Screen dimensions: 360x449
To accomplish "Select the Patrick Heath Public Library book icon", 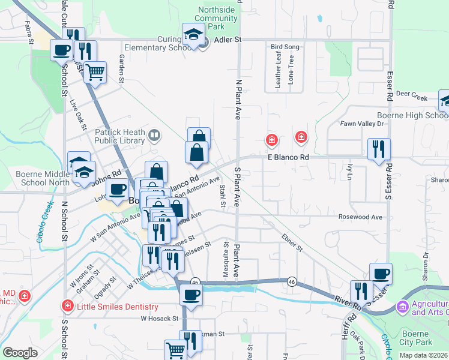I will click(154, 135).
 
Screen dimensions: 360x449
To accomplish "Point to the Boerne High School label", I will click(412, 116).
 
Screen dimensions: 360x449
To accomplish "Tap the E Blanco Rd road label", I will click(288, 157).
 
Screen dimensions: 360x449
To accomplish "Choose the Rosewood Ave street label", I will click(360, 217).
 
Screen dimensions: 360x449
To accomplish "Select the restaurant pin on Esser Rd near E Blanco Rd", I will click(379, 149).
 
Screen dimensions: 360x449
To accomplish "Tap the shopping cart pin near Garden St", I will click(95, 73).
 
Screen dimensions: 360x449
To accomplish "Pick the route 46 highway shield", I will click(195, 281).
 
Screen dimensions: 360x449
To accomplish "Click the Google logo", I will click(20, 353).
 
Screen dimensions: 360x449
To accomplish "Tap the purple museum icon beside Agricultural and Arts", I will click(402, 307).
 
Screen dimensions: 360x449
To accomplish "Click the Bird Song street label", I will click(285, 46).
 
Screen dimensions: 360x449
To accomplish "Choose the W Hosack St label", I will click(160, 319).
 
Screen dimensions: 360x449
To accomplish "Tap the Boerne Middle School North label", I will click(40, 176).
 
